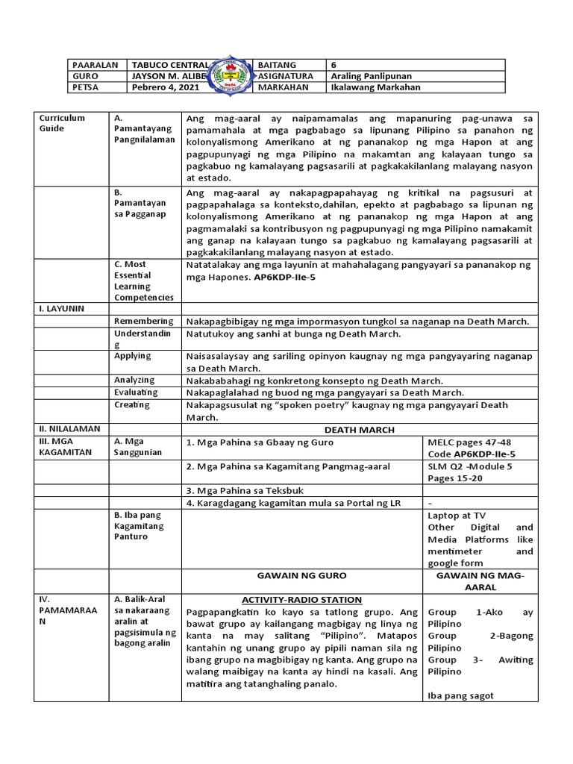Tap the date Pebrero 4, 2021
pos(165,87)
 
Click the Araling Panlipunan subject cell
pos(371,76)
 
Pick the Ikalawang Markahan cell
pos(375,87)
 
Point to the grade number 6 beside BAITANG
pos(334,65)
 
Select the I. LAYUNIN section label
pos(60,307)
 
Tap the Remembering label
pos(143,321)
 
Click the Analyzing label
pos(134,380)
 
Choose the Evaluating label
pos(136,392)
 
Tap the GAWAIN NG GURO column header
pos(301,576)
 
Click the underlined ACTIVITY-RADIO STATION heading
pos(301,600)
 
